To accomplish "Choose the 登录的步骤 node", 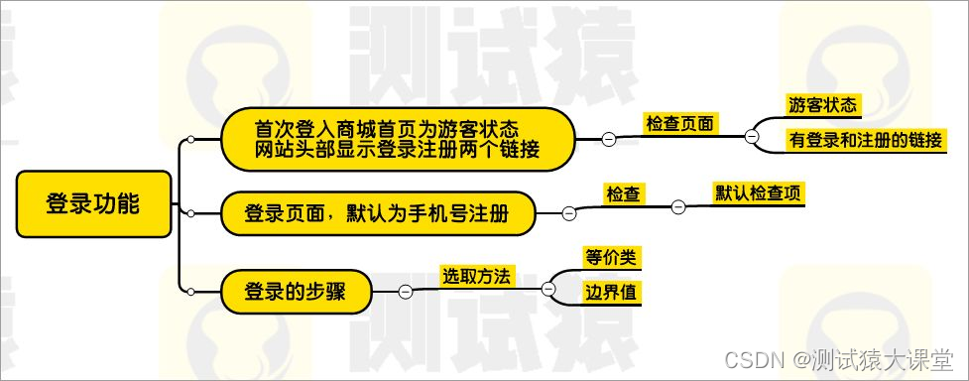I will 295,291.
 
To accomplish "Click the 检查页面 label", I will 680,124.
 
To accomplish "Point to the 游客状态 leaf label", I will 822,104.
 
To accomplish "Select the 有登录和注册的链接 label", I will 865,140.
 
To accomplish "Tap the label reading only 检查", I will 622,194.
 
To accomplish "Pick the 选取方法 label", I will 476,277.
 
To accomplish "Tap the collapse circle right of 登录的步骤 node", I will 405,291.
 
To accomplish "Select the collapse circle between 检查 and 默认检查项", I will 678,206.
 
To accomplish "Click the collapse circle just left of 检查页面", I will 608,140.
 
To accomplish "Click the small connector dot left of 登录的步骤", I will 189,291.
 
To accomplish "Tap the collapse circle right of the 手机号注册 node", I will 569,213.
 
